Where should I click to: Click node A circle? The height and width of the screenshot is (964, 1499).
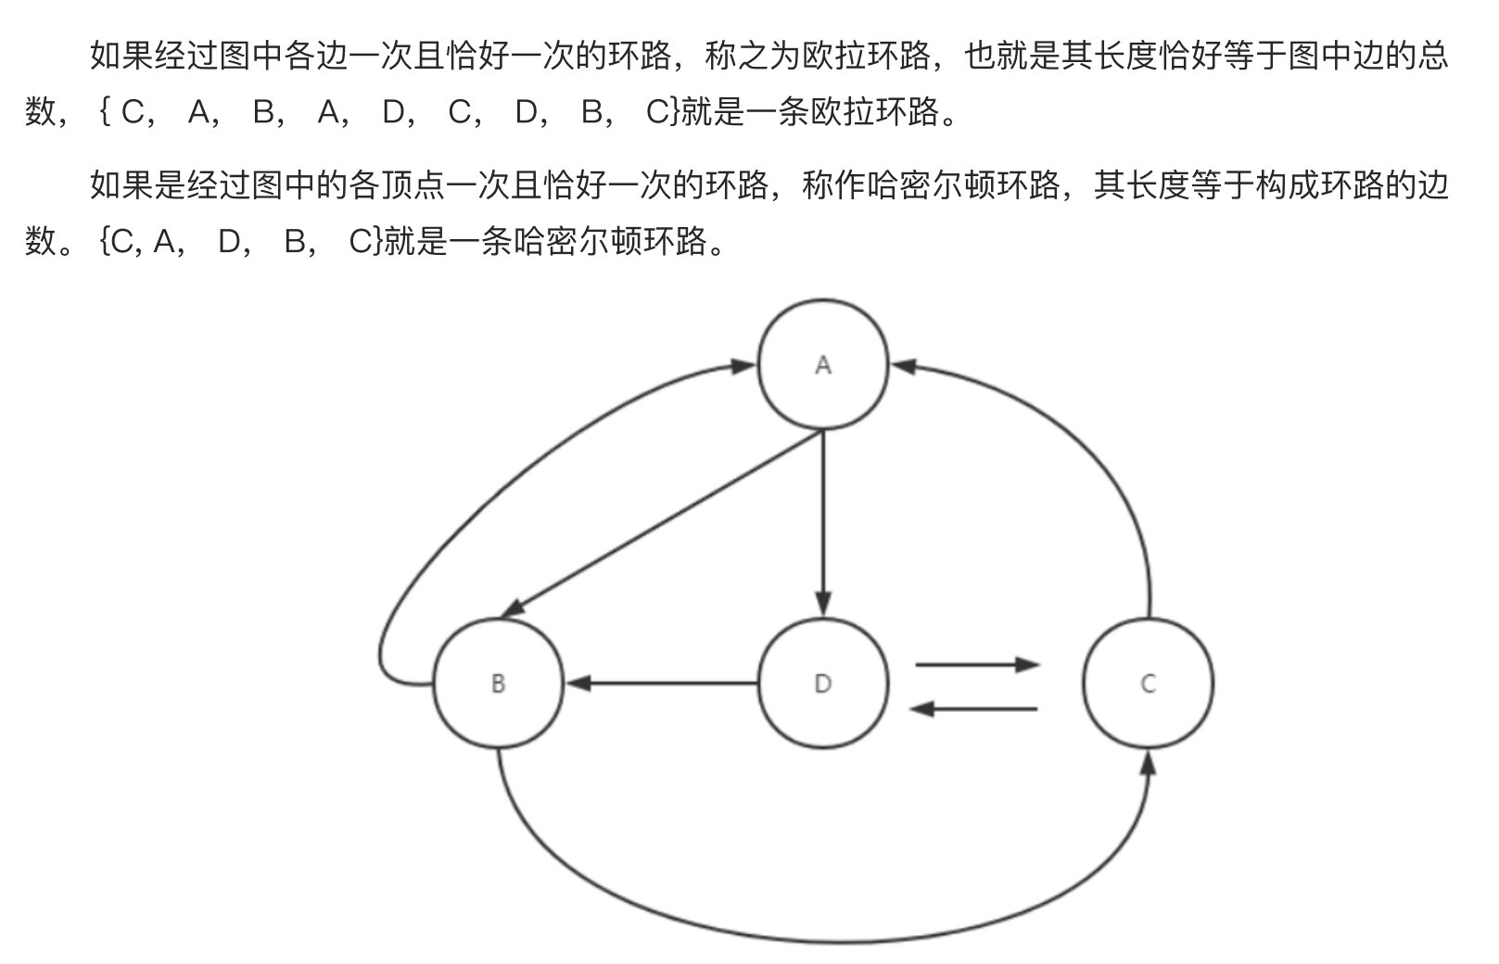point(822,364)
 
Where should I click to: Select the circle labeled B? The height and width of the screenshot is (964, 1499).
point(498,683)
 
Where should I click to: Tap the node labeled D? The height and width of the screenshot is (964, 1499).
point(822,683)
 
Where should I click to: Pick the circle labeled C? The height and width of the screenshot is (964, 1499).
point(1148,683)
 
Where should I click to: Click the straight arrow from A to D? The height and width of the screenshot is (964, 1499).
point(823,519)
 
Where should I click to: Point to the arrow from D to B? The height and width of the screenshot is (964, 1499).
point(663,684)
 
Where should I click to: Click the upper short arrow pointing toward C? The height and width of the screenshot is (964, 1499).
point(976,665)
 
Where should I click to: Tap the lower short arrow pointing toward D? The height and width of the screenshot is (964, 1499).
point(973,709)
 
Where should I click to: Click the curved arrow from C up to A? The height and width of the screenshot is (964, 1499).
point(1094,445)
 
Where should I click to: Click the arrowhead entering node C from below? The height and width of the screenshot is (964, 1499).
point(1148,764)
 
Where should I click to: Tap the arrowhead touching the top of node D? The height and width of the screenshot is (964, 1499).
point(823,603)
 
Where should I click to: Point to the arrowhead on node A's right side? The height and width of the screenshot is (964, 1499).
point(904,366)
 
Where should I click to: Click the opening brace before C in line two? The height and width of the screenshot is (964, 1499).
point(104,112)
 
